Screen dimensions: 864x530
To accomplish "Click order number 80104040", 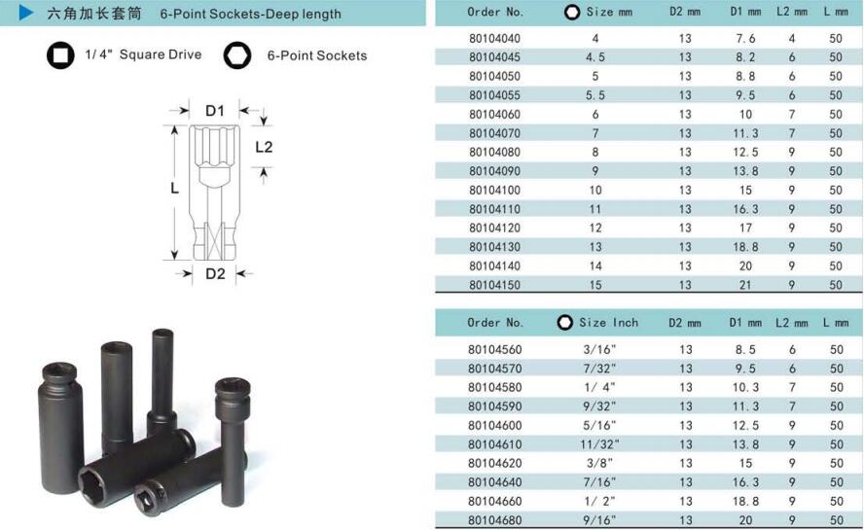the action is point(494,39).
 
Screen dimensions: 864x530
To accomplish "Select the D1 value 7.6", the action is point(745,39).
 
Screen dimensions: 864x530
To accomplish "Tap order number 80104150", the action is point(494,285).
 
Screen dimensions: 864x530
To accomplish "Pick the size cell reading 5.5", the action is point(595,95).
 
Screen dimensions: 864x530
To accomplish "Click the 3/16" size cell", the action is point(599,349).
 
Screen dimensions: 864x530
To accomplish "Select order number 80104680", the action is point(494,520).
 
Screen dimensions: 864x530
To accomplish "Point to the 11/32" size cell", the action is point(599,444).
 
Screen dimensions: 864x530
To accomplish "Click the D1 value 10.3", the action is point(745,387).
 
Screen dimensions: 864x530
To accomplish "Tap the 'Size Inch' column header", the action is point(608,323).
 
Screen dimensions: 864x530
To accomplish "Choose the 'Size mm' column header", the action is point(609,12).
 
